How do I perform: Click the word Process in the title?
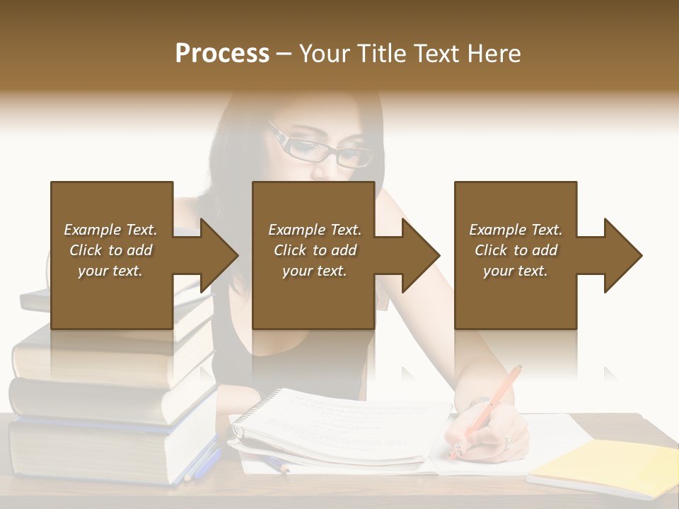222,54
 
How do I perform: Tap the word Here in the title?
492,54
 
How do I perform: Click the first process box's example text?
110,250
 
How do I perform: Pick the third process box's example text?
516,250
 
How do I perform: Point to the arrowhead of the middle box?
419,255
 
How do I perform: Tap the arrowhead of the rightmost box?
622,255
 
